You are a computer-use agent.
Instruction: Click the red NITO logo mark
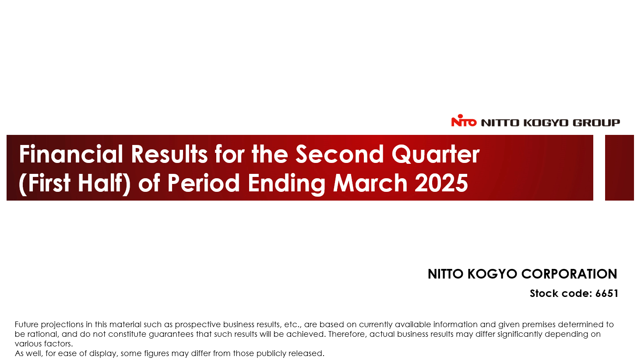pos(464,120)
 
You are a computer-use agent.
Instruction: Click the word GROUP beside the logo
pos(596,123)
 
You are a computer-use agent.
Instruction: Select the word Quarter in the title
pos(436,154)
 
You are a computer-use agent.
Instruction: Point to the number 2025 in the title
pos(441,183)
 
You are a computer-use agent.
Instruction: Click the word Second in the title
pos(339,154)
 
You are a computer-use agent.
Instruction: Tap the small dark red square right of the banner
pos(620,168)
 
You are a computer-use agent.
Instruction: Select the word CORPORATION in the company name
pos(569,274)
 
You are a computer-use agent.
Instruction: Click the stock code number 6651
pos(607,293)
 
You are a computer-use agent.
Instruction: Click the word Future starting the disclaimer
pos(26,324)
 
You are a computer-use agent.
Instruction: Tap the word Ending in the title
pos(286,184)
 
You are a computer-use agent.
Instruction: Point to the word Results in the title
pos(169,154)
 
